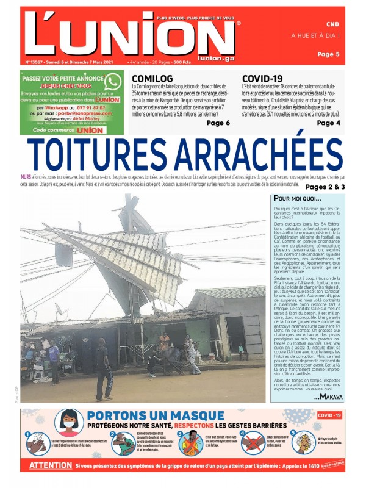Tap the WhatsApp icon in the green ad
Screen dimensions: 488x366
(x=112, y=82)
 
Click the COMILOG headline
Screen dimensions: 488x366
(x=152, y=79)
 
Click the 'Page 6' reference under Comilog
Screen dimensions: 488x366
(x=218, y=123)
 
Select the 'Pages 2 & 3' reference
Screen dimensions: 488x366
(x=325, y=187)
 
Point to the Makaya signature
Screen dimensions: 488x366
(x=328, y=397)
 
